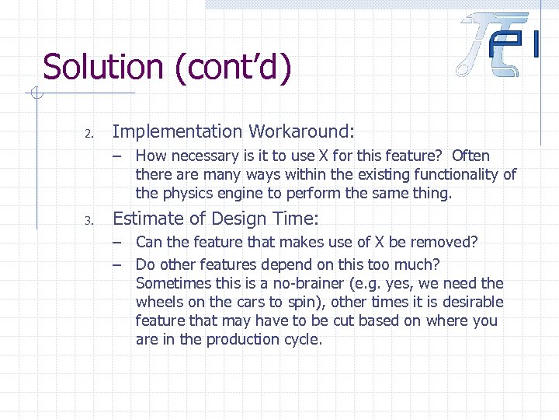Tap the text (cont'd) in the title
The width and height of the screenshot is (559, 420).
[233, 68]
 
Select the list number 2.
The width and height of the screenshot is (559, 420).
[89, 134]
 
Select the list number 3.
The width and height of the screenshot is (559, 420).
[89, 221]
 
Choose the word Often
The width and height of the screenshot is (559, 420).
[470, 156]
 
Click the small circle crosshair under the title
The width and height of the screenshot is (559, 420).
[34, 95]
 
